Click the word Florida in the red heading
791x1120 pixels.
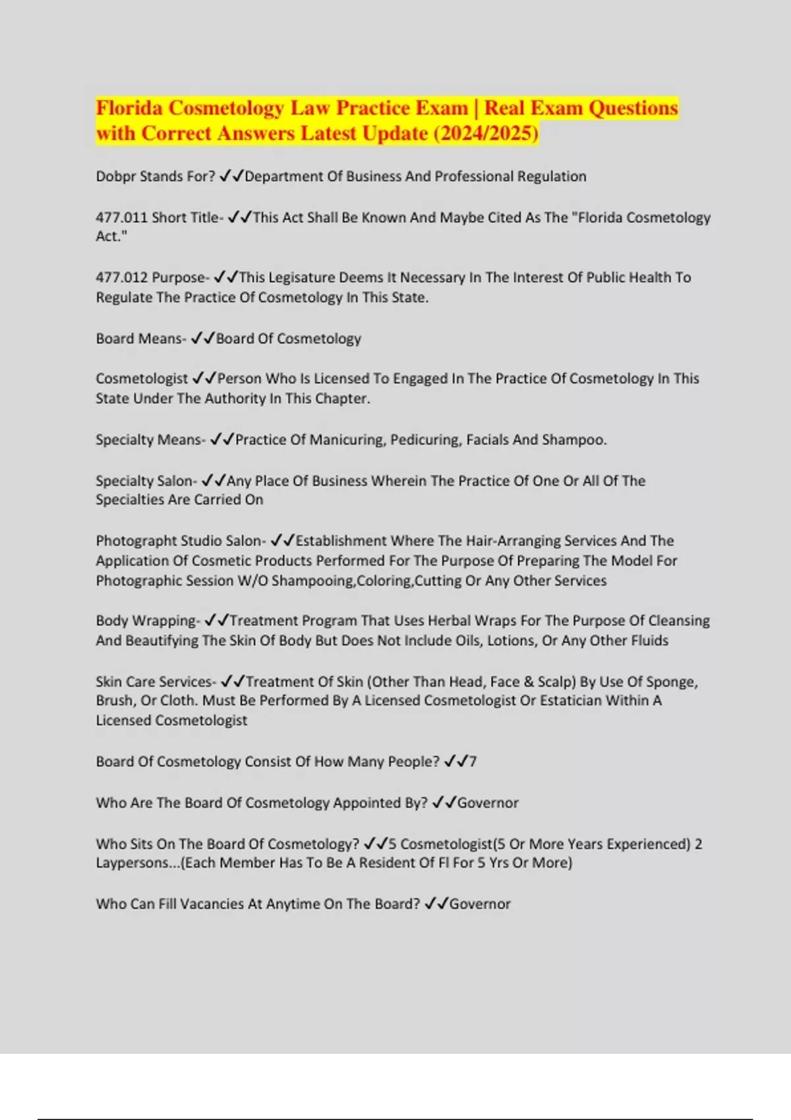(129, 108)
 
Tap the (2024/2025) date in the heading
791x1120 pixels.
(486, 134)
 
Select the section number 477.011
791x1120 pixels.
(121, 217)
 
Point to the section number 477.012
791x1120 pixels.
(121, 277)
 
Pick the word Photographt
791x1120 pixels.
(136, 541)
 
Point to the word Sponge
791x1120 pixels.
(672, 682)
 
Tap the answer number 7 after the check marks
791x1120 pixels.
(473, 762)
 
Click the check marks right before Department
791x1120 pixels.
(231, 177)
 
